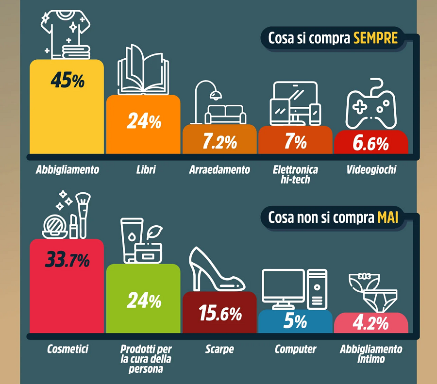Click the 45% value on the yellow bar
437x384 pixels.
(67, 81)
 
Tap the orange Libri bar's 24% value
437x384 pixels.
(143, 122)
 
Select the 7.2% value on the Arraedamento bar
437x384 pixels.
(219, 142)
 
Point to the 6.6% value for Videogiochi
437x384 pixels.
(371, 143)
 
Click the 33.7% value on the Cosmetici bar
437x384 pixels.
(67, 260)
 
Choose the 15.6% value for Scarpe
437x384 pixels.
(219, 314)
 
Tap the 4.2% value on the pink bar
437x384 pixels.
(371, 323)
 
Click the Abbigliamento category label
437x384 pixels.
(67, 170)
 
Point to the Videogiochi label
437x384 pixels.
(371, 170)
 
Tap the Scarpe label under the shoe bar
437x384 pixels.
(219, 349)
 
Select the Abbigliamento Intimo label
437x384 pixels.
(371, 354)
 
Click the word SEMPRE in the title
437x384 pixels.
(375, 38)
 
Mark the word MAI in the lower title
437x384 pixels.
(388, 218)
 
